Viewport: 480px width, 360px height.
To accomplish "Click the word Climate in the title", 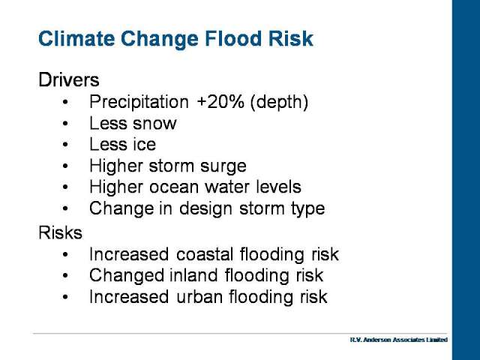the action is click(76, 38).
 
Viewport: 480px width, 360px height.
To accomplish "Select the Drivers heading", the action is click(69, 80).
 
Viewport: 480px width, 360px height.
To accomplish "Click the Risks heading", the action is click(60, 232).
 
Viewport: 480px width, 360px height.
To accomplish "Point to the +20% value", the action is click(220, 102).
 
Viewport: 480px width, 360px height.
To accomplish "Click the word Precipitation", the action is click(139, 102).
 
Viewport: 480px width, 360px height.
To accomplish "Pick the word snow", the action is click(154, 124).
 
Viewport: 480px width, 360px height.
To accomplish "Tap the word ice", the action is click(145, 144).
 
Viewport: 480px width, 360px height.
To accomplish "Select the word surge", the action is click(223, 166).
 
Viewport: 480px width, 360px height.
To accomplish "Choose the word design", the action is click(205, 209).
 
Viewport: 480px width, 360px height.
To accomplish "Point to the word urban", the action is click(199, 297).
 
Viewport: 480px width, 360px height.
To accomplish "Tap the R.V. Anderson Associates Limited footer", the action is click(399, 340).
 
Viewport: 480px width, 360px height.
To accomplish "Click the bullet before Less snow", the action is click(65, 123).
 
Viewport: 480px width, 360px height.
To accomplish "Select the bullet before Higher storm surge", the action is click(65, 166).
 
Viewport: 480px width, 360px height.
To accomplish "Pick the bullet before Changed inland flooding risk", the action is click(65, 275).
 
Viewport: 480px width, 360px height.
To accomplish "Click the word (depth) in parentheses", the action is click(279, 102).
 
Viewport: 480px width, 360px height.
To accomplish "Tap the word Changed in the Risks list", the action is click(127, 276).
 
